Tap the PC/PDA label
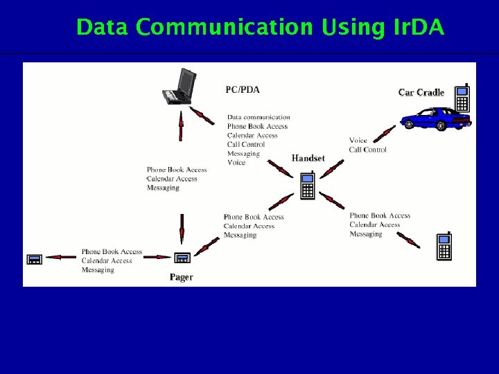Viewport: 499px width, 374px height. [x=243, y=89]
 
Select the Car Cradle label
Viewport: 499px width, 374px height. [x=421, y=93]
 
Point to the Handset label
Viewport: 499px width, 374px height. [x=308, y=159]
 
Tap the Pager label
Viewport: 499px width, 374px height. [x=182, y=277]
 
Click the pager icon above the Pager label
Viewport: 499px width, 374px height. [x=182, y=258]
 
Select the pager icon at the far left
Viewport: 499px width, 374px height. [x=34, y=259]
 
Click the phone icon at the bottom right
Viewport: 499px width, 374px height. [x=444, y=247]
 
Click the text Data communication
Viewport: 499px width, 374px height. [x=259, y=117]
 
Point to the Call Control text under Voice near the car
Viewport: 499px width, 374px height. [x=367, y=150]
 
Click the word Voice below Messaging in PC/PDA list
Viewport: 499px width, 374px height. [x=236, y=163]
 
